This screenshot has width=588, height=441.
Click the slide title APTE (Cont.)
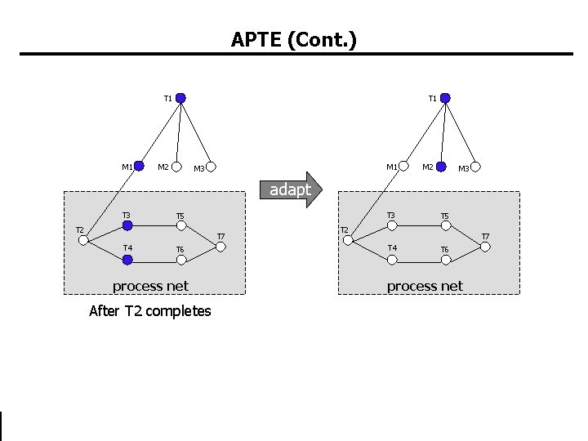pos(293,39)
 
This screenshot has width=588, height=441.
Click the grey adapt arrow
pos(293,189)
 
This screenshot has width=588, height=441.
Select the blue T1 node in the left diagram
pos(180,98)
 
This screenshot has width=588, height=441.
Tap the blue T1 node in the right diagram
pos(445,98)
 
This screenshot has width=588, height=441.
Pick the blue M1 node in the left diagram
pos(140,167)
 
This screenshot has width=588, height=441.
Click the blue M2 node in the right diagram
pos(441,167)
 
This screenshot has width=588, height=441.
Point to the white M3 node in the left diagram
pos(211,167)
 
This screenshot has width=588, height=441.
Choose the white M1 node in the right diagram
pos(403,167)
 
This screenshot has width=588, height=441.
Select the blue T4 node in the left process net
pos(127,260)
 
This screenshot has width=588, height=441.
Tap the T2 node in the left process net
pos(83,240)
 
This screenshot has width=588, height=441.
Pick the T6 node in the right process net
pos(445,260)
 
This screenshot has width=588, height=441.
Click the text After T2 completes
pos(149,311)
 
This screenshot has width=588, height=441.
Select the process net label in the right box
pos(425,286)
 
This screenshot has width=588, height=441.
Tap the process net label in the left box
pos(150,286)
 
